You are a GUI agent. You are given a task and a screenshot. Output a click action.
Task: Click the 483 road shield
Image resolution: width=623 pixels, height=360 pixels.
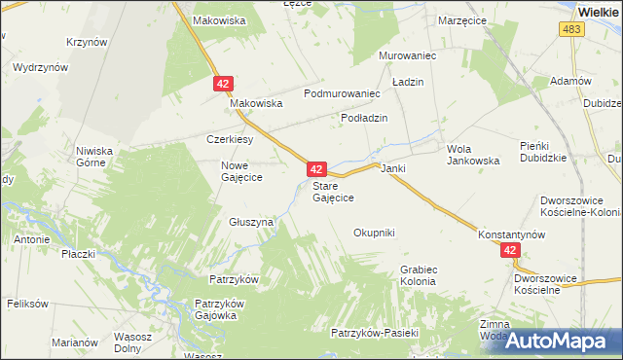[571, 31]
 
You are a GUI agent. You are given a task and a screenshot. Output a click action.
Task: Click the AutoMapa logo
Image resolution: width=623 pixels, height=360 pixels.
[564, 341]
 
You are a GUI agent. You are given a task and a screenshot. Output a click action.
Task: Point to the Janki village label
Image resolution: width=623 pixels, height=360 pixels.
[393, 168]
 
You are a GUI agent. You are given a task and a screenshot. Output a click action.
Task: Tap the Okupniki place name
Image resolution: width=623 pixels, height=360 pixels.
[374, 233]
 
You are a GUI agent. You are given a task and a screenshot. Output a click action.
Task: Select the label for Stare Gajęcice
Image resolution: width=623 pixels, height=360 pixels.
[333, 192]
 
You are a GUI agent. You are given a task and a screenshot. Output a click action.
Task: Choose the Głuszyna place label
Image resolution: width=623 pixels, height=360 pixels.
[252, 222]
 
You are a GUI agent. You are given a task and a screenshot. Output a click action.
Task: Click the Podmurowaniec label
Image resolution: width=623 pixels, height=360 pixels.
[341, 93]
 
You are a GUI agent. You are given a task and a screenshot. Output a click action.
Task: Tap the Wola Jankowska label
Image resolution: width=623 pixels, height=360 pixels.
[473, 155]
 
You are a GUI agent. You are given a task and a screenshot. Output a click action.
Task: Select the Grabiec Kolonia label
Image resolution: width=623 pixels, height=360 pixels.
[419, 275]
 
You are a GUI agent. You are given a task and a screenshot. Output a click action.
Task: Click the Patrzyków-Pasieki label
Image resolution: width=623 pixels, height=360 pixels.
[374, 333]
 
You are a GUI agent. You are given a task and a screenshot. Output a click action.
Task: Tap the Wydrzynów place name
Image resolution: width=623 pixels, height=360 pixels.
[40, 68]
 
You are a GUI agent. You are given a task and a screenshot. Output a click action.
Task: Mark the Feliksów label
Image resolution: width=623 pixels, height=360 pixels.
[27, 304]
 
